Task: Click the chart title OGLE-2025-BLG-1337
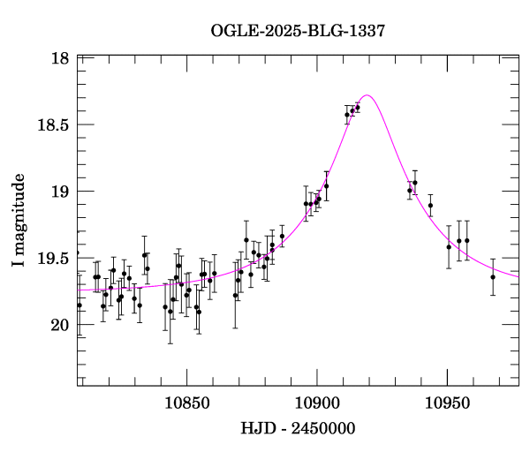click(x=298, y=31)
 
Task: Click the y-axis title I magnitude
click(x=19, y=221)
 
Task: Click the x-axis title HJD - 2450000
click(x=298, y=429)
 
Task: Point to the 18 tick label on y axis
click(x=60, y=58)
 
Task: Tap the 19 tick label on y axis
click(x=60, y=192)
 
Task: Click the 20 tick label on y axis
click(x=60, y=325)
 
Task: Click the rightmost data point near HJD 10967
click(x=493, y=276)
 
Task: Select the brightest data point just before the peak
click(x=358, y=108)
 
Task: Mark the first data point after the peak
click(x=410, y=190)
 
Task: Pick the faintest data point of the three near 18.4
click(x=347, y=115)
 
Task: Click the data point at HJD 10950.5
click(x=449, y=247)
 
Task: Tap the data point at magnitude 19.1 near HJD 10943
click(x=430, y=206)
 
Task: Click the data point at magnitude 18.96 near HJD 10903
click(x=326, y=186)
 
